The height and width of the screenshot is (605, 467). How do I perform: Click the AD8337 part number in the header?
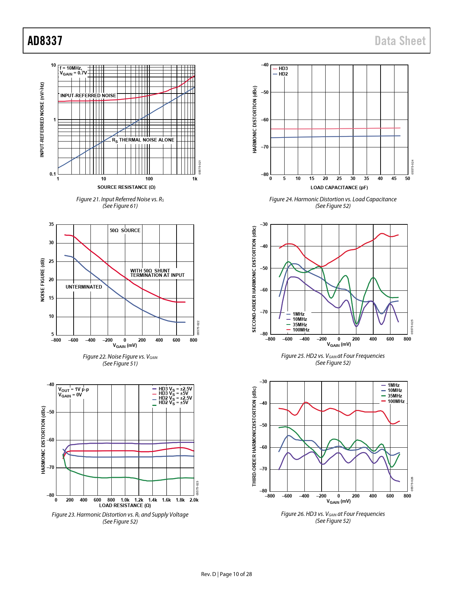[x=45, y=41]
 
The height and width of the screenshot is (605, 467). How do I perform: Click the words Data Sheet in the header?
[x=400, y=41]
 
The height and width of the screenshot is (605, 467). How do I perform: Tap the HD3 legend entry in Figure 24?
[x=283, y=69]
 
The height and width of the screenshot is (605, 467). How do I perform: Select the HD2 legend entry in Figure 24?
[x=283, y=74]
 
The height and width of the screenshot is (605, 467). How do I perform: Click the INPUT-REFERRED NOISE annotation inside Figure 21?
[x=88, y=96]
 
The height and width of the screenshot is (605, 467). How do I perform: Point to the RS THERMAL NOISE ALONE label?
[x=143, y=140]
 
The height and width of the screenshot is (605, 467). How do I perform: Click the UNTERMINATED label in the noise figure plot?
[x=84, y=287]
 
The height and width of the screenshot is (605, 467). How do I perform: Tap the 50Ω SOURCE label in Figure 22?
[x=125, y=231]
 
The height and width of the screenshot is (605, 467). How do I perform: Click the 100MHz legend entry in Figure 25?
[x=301, y=330]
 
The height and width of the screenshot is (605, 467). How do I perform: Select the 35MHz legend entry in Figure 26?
[x=394, y=396]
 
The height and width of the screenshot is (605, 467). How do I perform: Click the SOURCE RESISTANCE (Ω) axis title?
[x=126, y=187]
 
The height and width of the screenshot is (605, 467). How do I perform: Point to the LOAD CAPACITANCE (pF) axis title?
[x=339, y=188]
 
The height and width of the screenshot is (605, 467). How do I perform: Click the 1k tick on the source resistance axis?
[x=195, y=179]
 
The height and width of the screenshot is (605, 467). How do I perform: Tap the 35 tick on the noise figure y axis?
[x=52, y=224]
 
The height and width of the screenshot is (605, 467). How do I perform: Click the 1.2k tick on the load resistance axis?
[x=139, y=500]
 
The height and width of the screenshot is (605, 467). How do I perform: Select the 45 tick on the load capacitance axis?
[x=394, y=179]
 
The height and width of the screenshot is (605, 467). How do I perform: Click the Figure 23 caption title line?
[x=120, y=515]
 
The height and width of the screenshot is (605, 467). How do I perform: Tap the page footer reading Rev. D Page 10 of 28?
[x=226, y=574]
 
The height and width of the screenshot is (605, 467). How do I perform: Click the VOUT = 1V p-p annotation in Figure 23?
[x=74, y=389]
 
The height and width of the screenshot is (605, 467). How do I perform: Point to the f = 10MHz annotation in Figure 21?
[x=71, y=68]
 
